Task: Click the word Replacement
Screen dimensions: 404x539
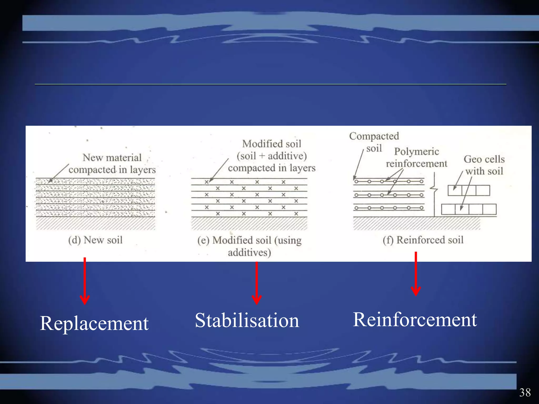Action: (94, 323)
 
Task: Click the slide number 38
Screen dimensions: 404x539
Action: (525, 392)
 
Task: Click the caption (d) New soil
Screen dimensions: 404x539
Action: (95, 240)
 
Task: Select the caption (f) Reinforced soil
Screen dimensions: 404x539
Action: (423, 240)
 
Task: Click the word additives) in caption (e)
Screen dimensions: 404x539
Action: (249, 252)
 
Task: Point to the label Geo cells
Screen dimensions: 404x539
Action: (484, 159)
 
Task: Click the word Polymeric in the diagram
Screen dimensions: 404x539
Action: (416, 151)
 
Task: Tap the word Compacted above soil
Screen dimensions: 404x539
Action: (374, 136)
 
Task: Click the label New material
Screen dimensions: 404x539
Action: (112, 158)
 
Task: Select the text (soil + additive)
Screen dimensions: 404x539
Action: (272, 156)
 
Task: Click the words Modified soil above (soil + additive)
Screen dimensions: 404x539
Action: (272, 144)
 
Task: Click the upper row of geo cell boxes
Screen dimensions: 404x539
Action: (469, 190)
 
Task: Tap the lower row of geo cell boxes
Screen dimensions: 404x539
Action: (469, 209)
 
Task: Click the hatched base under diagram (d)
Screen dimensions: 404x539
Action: (96, 223)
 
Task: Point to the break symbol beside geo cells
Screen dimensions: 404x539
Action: (434, 188)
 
